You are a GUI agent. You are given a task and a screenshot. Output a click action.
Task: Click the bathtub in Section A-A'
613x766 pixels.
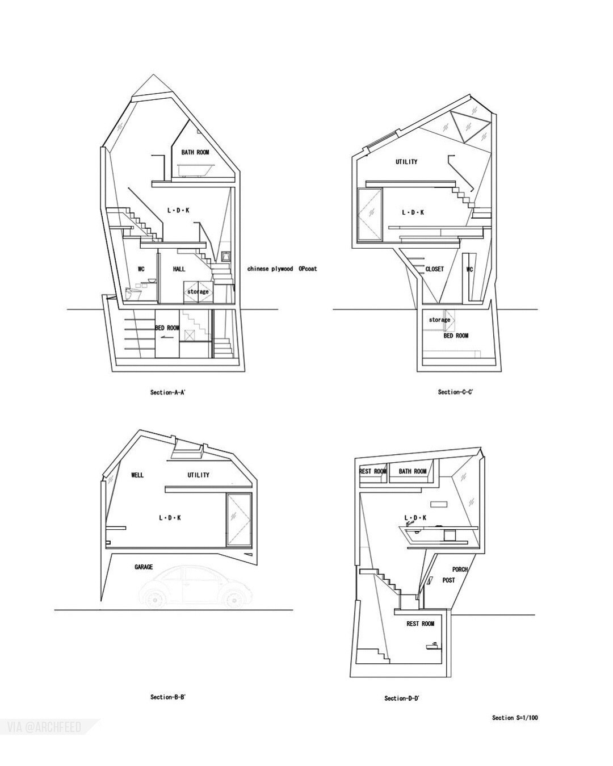coord(195,170)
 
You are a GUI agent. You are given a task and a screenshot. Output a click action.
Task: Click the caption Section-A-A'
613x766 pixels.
coord(168,392)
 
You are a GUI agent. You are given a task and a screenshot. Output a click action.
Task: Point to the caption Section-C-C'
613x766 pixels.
coord(455,392)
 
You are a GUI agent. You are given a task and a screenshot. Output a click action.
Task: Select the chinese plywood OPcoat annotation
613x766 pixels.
coord(282,269)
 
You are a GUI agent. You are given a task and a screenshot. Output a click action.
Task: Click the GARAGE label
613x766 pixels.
coord(144,567)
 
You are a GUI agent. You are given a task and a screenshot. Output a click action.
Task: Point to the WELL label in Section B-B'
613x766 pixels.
coord(137,475)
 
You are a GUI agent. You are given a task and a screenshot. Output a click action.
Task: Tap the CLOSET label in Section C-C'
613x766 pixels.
coord(434,269)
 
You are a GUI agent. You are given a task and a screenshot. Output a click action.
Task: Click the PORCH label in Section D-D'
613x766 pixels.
coord(460,570)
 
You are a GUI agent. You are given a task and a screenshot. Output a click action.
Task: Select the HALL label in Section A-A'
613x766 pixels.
coord(179,269)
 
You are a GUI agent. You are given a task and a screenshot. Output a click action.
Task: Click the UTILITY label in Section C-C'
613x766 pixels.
coord(406,162)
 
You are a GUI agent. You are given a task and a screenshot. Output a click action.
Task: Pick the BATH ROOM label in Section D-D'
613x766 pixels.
coord(412,471)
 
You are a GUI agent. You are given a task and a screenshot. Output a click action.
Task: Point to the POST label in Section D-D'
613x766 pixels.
coord(448,580)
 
